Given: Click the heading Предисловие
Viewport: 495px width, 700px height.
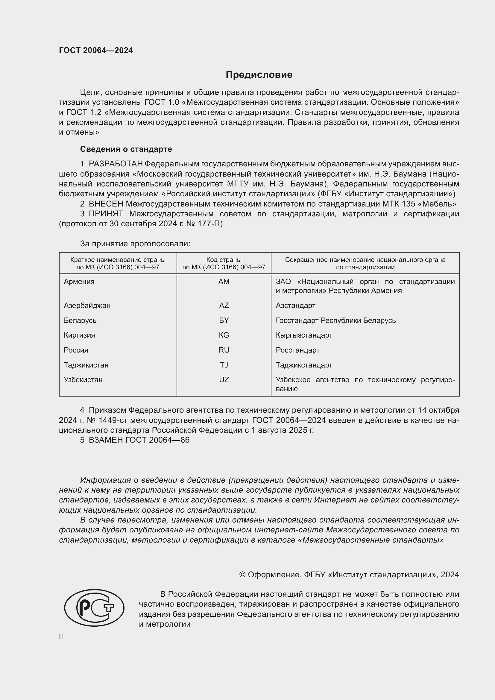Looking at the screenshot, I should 259,75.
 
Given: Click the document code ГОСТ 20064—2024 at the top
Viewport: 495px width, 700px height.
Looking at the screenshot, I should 96,50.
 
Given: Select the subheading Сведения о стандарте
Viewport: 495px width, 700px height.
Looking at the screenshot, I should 126,149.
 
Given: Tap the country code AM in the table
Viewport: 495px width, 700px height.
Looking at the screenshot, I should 224,281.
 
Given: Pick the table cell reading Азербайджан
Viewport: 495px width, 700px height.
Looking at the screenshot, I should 87,305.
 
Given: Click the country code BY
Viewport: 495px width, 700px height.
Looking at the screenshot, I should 224,320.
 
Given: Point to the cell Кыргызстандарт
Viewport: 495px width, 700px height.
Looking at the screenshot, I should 303,335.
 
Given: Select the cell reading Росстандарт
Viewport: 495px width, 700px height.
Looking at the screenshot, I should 297,350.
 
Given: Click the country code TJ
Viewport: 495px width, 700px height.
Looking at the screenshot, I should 224,365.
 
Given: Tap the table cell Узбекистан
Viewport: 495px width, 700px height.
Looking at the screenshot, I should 83,379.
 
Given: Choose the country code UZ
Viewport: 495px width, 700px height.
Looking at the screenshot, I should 224,379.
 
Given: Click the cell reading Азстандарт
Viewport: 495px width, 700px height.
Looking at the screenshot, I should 295,305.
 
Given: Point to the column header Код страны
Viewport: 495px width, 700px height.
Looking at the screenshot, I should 224,260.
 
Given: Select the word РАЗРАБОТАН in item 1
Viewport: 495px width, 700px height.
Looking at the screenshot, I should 116,164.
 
